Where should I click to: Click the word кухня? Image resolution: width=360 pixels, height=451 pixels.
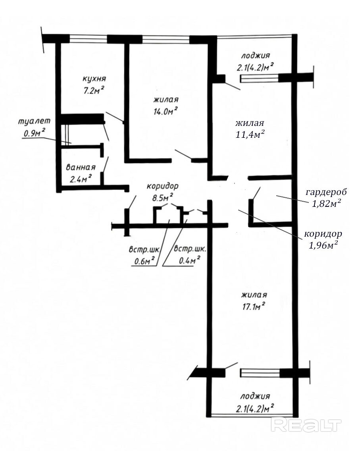[94, 79]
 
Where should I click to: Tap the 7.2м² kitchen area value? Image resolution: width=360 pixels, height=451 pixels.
[94, 91]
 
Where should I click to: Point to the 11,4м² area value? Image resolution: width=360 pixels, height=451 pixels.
[250, 134]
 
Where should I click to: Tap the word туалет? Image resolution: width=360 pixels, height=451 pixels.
[34, 121]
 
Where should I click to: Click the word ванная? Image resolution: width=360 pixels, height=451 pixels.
[81, 168]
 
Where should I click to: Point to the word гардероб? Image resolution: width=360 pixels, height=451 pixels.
[326, 192]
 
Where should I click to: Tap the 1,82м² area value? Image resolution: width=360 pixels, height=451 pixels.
[327, 204]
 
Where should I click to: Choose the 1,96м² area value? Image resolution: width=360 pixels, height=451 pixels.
[323, 245]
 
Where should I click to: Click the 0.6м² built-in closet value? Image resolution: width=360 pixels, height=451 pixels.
[145, 261]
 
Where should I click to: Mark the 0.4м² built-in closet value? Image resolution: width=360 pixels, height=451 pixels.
[189, 260]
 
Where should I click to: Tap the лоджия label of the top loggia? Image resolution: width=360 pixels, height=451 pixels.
[256, 55]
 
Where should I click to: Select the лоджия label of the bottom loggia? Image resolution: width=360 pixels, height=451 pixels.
[255, 396]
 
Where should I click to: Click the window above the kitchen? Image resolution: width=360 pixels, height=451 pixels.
[88, 39]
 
